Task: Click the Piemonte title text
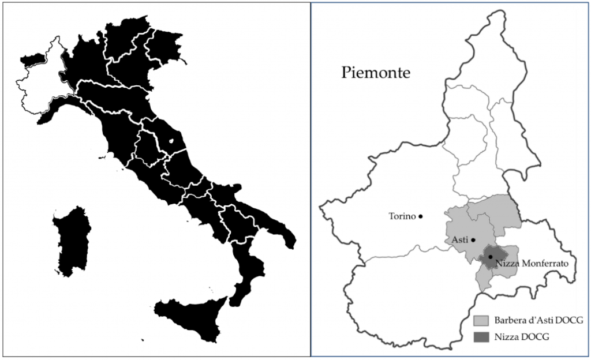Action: pyautogui.click(x=376, y=73)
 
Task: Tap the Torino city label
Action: pyautogui.click(x=402, y=216)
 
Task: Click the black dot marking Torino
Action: pyautogui.click(x=421, y=216)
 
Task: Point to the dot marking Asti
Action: pyautogui.click(x=473, y=240)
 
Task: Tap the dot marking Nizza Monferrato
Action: pyautogui.click(x=490, y=257)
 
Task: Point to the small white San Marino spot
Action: pyautogui.click(x=171, y=140)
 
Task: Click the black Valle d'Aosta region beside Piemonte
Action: pyautogui.click(x=33, y=58)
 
